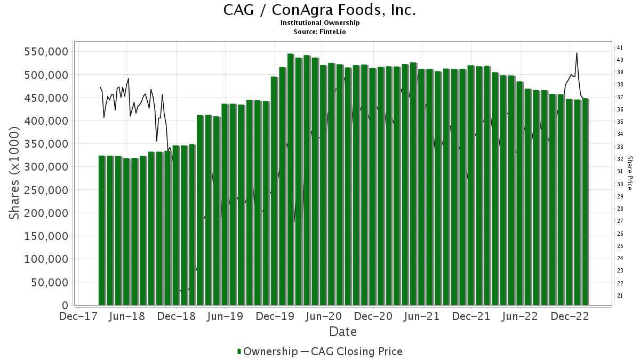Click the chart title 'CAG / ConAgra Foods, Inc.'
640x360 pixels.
tap(319, 10)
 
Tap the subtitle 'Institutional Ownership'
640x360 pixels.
tap(319, 23)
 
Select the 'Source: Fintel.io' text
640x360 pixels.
tap(319, 32)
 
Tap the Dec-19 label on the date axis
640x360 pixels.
tap(274, 316)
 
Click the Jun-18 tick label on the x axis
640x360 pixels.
tap(126, 316)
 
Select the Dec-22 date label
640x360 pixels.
tap(570, 316)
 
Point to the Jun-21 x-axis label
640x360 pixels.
tap(422, 316)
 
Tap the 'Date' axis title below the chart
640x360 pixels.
tap(342, 332)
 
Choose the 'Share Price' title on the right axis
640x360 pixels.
tap(629, 173)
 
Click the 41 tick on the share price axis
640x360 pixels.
tap(620, 47)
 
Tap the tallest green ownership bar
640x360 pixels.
tap(290, 181)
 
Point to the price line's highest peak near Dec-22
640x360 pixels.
tap(577, 53)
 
